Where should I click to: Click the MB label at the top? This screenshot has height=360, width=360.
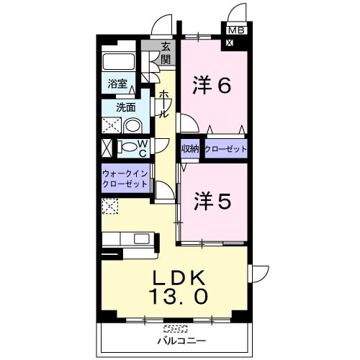(x=236, y=30)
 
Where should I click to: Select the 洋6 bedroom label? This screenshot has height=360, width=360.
(x=212, y=85)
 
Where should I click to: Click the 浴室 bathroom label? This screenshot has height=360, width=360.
(x=117, y=84)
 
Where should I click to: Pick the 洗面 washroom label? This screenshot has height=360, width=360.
(x=126, y=107)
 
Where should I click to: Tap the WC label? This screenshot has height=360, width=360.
(x=143, y=148)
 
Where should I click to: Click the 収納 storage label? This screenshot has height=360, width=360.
(x=190, y=149)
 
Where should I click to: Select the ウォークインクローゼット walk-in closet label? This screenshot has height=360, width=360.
(x=125, y=179)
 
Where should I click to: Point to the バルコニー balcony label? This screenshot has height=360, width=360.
(x=181, y=341)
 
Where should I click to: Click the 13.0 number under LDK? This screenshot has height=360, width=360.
(x=178, y=297)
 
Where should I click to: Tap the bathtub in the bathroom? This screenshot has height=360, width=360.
(x=119, y=62)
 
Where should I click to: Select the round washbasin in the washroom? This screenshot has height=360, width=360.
(x=132, y=125)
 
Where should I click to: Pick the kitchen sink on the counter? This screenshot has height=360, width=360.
(x=141, y=238)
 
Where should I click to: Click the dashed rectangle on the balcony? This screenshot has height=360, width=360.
(x=176, y=328)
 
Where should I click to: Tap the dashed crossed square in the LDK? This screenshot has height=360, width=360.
(x=110, y=206)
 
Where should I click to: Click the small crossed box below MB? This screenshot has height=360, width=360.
(x=230, y=43)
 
